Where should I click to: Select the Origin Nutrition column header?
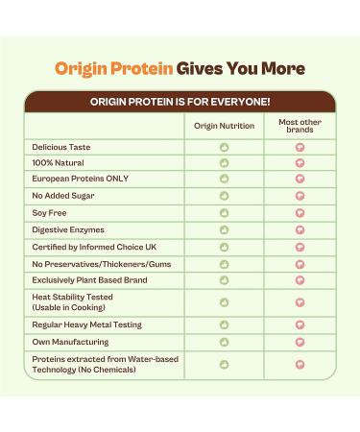coord(224,126)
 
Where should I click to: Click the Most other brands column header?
coord(300,126)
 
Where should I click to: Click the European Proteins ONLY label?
coord(80,179)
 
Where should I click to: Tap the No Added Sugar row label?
coord(63,195)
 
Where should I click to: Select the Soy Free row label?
coord(52,212)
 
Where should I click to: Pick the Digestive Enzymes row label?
coord(68,229)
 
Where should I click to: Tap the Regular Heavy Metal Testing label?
coord(86,324)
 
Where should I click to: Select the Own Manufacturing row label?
coord(70,342)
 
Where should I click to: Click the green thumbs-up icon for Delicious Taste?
coord(224,147)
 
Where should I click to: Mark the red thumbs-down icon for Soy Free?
coord(300,212)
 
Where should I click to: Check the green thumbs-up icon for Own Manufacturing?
coord(224,342)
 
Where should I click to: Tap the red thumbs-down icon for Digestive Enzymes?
coord(300,229)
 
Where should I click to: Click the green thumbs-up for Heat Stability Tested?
coord(224,302)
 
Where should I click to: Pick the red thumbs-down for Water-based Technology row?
coord(300,364)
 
